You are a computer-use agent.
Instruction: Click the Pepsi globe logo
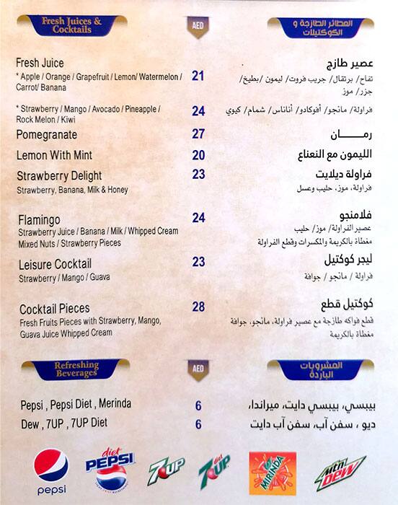pos(51,467)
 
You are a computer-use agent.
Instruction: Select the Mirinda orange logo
pos(272,473)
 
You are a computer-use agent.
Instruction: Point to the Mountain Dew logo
pos(340,473)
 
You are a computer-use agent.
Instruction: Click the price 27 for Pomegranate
pos(198,134)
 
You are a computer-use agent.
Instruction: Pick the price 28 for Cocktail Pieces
pos(198,307)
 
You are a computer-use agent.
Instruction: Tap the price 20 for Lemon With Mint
pos(198,155)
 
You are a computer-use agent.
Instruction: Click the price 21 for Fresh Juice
pos(198,76)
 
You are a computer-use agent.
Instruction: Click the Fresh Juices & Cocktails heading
pos(71,27)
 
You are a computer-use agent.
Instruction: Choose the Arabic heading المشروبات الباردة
pos(320,370)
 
